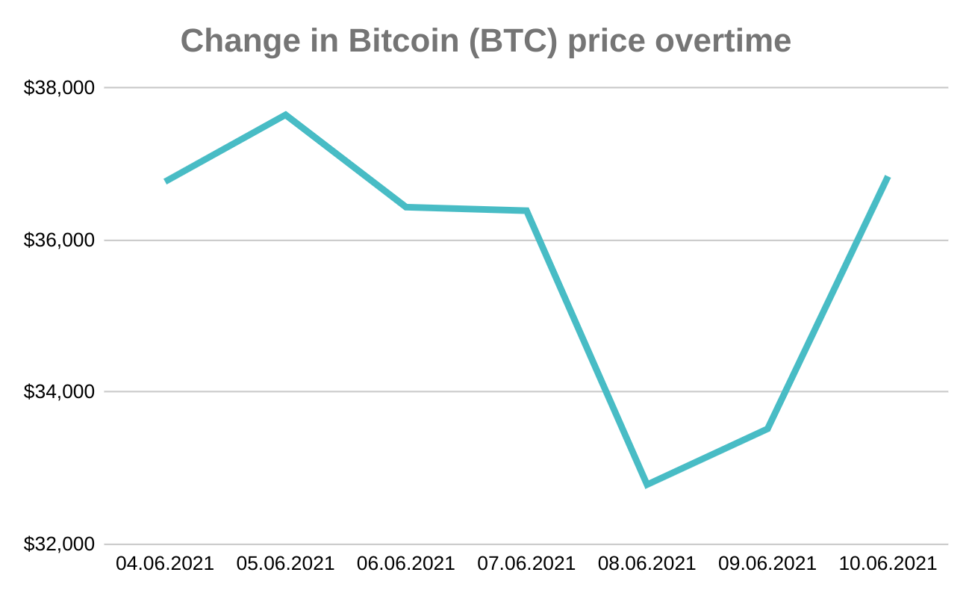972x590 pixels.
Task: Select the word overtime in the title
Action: click(x=723, y=41)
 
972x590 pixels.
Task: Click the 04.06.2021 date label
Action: click(x=164, y=563)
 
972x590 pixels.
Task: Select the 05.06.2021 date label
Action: click(x=285, y=563)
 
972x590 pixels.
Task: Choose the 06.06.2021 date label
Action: click(x=405, y=563)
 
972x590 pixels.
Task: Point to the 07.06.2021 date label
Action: click(x=526, y=563)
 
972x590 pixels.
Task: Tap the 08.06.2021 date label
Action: click(x=647, y=563)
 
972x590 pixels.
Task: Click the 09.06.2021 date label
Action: click(x=767, y=563)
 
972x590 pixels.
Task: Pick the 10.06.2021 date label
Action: click(x=888, y=563)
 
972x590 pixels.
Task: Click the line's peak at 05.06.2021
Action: click(x=285, y=115)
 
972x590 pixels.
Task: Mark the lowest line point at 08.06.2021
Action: click(x=647, y=485)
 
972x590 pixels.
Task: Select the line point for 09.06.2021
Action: click(x=767, y=429)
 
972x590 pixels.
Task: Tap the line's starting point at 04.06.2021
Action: click(x=166, y=181)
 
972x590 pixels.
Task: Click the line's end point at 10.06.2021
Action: click(x=888, y=178)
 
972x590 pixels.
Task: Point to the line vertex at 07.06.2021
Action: click(x=526, y=211)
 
